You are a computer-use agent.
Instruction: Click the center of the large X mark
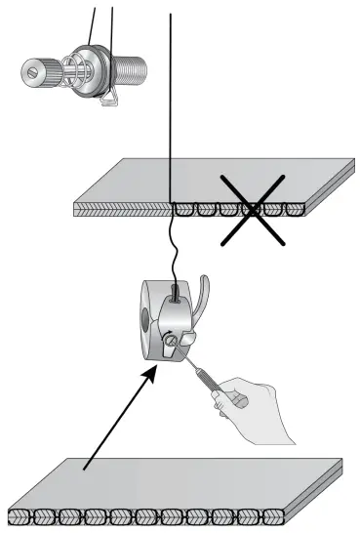(x=251, y=207)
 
